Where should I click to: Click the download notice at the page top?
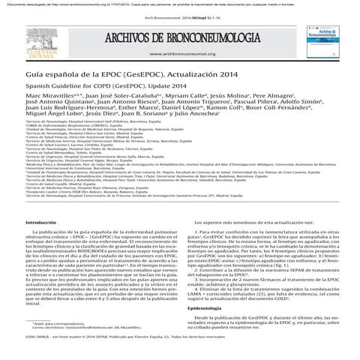point(179,3)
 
